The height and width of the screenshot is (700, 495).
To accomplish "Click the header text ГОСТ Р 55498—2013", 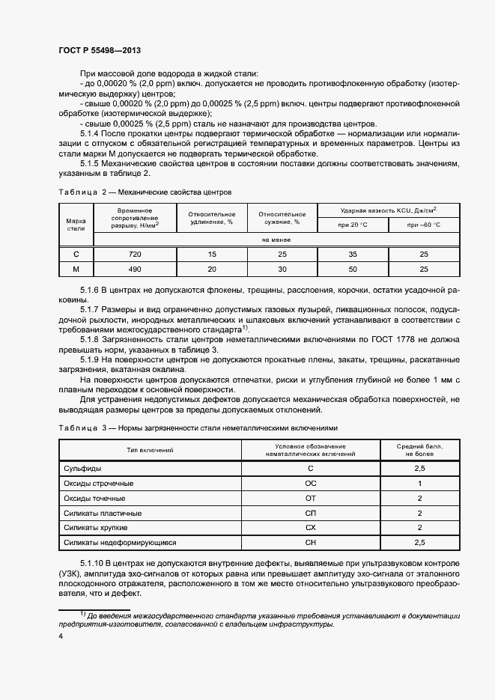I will coord(100,50).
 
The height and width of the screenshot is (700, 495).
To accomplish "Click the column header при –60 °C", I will coord(424,225).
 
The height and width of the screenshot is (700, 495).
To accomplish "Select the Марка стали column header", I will coord(76,225).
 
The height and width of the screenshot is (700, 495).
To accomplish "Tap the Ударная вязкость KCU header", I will coord(389,210).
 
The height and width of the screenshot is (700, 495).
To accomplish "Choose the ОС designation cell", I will coord(311,484).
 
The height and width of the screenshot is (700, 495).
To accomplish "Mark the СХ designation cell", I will coord(311,528).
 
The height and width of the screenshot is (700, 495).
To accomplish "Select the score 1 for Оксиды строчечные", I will coord(420,484).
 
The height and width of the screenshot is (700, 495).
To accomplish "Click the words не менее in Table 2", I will coord(276,240).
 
